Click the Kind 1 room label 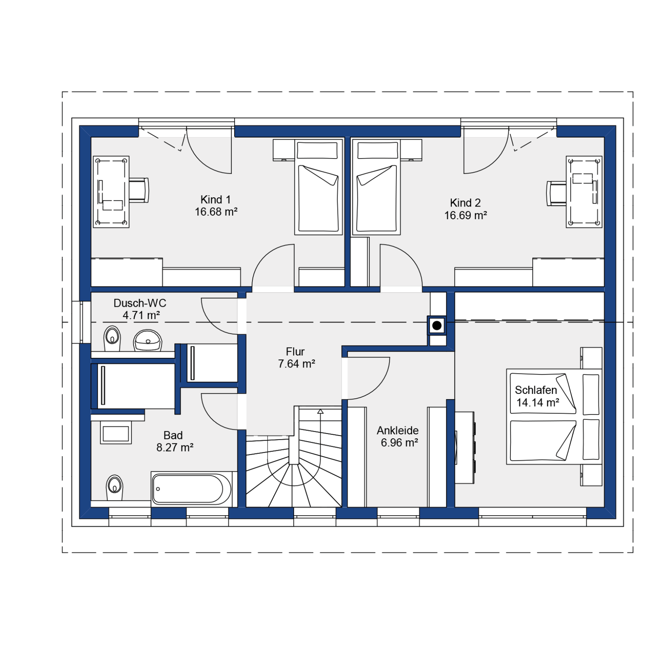coord(215,199)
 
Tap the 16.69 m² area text coord(465,215)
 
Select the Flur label coord(295,352)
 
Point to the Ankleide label coord(398,430)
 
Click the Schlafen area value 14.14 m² coord(537,403)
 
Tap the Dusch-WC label coord(140,303)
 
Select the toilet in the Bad coord(115,488)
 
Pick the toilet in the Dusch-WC coord(112,338)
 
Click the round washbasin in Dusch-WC coord(148,340)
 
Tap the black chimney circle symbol coord(437,326)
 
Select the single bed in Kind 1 coord(318,186)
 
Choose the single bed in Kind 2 coord(376,186)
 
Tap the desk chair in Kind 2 coord(556,193)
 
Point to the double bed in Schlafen coord(554,417)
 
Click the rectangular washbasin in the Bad coord(116,434)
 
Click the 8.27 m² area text coord(175,447)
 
